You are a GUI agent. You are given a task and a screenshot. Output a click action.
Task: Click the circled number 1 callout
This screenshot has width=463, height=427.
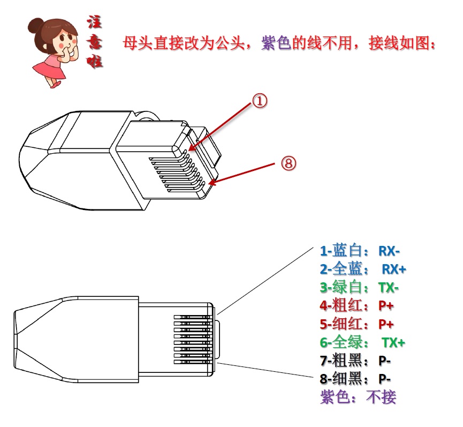coord(260,101)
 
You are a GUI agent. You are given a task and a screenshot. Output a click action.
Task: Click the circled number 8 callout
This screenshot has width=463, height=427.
coord(288,163)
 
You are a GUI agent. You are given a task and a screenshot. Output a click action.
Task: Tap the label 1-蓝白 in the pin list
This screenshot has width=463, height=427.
coord(341,251)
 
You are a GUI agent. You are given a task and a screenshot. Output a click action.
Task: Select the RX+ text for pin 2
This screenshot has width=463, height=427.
coord(394,269)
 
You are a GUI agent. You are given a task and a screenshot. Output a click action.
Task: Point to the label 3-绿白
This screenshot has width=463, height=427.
coord(341,287)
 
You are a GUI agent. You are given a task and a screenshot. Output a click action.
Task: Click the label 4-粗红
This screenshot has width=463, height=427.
coord(341,305)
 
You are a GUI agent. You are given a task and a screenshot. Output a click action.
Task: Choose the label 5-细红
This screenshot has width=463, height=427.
coord(341,324)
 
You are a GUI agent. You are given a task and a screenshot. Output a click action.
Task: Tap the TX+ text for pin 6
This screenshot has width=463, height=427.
coord(393,342)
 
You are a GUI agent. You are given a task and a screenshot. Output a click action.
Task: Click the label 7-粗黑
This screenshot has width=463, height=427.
coord(341,361)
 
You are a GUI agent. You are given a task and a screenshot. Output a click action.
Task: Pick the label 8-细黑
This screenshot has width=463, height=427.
coord(341,379)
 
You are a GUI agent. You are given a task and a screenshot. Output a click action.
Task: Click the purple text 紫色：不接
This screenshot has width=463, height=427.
coord(358,397)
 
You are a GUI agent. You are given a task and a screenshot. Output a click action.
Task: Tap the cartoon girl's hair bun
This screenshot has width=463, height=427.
coord(35,25)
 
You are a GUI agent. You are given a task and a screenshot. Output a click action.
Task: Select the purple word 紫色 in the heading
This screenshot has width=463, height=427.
coord(276,43)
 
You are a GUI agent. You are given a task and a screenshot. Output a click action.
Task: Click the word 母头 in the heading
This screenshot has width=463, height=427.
coord(138,43)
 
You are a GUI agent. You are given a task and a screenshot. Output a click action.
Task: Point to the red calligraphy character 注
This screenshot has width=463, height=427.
coord(95,22)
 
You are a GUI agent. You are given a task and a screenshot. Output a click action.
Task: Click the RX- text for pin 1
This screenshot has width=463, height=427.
coord(389,251)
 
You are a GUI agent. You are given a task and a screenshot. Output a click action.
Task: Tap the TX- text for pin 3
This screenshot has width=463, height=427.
coord(389,288)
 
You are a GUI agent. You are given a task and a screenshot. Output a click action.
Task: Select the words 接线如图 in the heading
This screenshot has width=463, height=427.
coord(399,43)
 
